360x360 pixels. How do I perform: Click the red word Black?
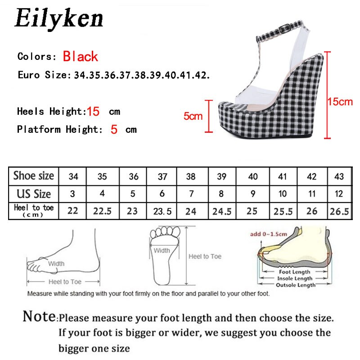click(x=81, y=57)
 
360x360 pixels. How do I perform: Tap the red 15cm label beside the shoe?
click(x=340, y=102)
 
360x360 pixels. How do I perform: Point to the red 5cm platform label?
click(x=193, y=116)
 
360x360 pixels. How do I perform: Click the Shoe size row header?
click(x=34, y=176)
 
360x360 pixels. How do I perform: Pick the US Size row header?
click(x=34, y=194)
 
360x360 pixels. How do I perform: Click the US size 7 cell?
click(x=191, y=194)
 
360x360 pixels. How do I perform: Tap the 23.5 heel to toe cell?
click(x=162, y=211)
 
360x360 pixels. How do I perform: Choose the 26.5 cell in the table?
click(x=339, y=211)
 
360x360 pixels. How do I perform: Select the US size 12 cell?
click(x=339, y=194)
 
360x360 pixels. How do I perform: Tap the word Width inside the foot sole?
click(x=162, y=251)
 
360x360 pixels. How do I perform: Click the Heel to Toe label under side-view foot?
click(x=65, y=282)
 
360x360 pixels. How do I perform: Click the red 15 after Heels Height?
click(x=93, y=111)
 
